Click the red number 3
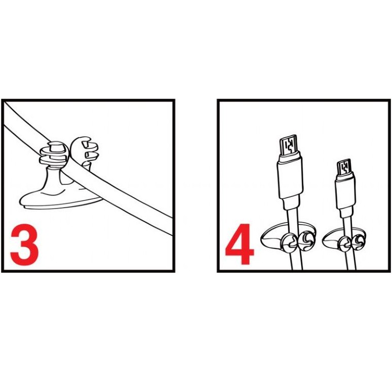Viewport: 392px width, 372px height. pyautogui.click(x=24, y=244)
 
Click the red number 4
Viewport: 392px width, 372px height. pyautogui.click(x=239, y=244)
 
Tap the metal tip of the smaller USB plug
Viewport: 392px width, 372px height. pyautogui.click(x=344, y=168)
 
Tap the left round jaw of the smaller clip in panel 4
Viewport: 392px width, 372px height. pyautogui.click(x=344, y=244)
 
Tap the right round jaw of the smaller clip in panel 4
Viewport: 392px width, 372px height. pyautogui.click(x=359, y=242)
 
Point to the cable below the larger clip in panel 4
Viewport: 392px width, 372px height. pyautogui.click(x=296, y=261)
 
